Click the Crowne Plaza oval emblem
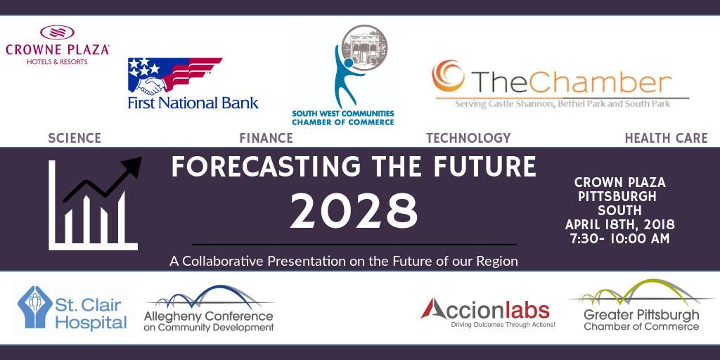click(x=58, y=32)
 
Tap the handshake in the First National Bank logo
click(x=151, y=84)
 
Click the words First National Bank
click(x=193, y=103)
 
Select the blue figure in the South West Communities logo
click(x=347, y=76)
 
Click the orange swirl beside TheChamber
click(x=448, y=76)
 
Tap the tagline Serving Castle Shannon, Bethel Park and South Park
click(x=562, y=104)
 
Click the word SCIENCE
click(x=75, y=138)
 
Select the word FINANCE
click(x=266, y=138)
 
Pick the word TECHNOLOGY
click(x=468, y=138)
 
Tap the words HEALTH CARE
click(x=667, y=138)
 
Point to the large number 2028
click(x=354, y=212)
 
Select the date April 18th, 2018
click(x=620, y=225)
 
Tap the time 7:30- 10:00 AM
click(x=620, y=239)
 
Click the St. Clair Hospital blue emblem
click(x=34, y=307)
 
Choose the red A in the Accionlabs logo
click(x=433, y=309)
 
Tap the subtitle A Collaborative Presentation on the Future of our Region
click(x=343, y=262)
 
